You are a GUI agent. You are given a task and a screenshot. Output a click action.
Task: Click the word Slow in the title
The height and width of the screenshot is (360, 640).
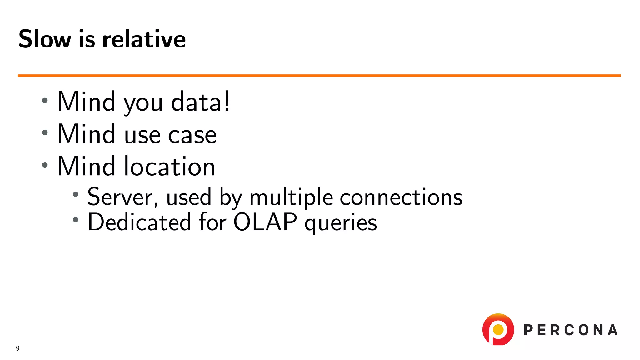[x=45, y=39]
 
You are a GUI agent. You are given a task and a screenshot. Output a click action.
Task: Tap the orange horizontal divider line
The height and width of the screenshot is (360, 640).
[x=319, y=75]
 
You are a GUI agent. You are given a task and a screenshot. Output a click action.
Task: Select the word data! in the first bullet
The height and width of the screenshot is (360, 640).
[x=200, y=102]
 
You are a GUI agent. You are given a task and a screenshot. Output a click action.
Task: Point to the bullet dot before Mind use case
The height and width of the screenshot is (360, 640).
[x=45, y=132]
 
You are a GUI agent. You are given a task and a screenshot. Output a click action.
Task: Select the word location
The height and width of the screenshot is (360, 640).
[x=169, y=167]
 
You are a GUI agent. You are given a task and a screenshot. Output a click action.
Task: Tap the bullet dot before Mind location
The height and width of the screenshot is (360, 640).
[x=45, y=165]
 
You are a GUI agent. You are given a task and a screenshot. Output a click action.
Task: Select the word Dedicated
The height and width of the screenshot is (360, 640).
[x=139, y=222]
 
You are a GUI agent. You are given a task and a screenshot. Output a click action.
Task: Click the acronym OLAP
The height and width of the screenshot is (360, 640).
[x=265, y=222]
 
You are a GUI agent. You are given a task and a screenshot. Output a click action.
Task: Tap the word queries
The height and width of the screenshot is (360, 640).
[x=341, y=224]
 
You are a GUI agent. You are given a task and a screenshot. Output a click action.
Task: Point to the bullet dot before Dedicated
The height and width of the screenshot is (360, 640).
[x=75, y=220]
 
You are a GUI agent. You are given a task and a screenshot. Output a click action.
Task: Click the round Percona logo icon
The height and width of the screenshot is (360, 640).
[x=498, y=330]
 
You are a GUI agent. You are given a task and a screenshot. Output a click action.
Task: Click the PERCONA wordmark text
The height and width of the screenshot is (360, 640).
[x=570, y=330]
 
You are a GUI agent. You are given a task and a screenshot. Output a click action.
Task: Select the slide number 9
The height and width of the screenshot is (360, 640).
[x=18, y=348]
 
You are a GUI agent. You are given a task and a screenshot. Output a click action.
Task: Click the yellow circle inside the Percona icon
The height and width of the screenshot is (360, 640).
[x=498, y=329]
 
